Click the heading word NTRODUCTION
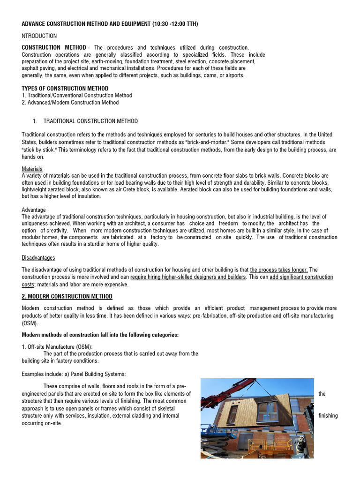pos(39,36)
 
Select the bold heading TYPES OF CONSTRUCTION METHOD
pos(65,89)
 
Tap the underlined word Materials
pos(32,169)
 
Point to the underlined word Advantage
pos(34,210)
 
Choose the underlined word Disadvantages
pos(38,257)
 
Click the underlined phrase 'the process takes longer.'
pos(279,270)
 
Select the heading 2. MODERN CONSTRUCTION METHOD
pos(67,297)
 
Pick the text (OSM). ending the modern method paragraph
pos(30,323)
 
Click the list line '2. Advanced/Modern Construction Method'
pos(70,102)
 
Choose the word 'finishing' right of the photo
pos(328,416)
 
